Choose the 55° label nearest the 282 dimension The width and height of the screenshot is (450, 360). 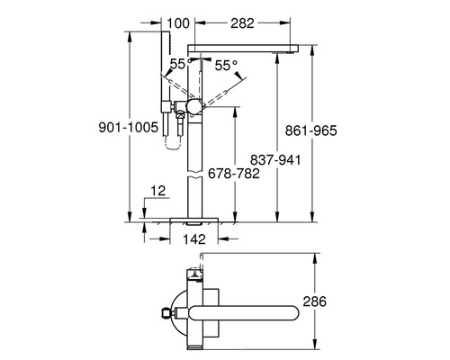[227, 65]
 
